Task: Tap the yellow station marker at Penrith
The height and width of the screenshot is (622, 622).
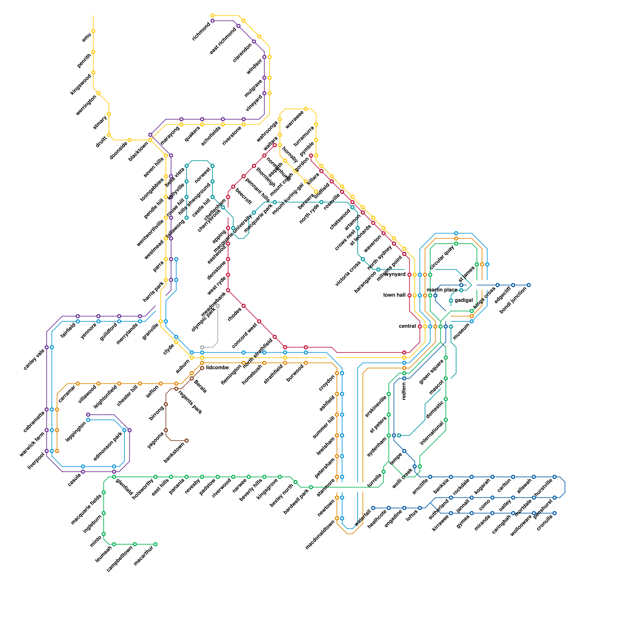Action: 93,52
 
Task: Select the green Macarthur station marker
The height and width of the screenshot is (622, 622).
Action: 155,544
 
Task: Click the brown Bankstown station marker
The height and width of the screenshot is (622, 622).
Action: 187,440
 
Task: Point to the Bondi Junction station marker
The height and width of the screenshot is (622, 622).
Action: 529,285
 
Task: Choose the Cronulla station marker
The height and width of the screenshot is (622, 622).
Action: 555,513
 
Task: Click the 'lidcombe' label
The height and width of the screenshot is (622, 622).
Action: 217,368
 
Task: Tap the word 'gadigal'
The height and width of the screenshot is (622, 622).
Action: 464,301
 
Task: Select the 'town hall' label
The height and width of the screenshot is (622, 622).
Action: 394,295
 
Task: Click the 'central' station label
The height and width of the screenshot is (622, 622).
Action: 407,326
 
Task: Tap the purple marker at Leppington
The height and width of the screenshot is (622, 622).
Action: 88,415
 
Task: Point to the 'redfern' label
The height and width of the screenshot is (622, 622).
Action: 404,391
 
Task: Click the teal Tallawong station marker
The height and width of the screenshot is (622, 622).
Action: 187,218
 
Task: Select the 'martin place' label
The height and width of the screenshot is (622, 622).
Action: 442,290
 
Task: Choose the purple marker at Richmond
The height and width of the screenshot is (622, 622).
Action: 212,21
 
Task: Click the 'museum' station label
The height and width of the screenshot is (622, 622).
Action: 461,332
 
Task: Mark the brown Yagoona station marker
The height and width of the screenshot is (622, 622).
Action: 166,430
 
